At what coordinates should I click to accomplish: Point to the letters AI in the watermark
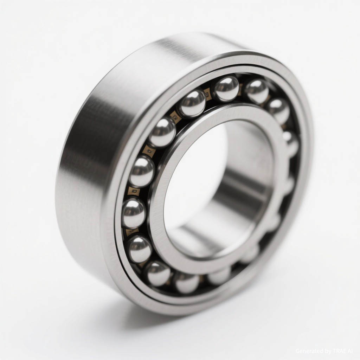click(350, 351)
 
